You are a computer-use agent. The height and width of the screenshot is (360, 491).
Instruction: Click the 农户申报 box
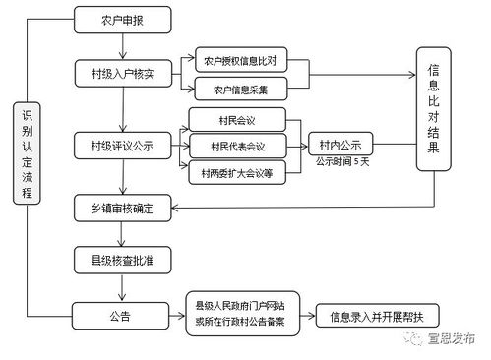tap(122, 19)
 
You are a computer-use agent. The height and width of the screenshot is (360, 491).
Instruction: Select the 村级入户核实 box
tap(122, 73)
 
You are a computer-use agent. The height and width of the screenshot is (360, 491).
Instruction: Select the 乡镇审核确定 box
tap(122, 208)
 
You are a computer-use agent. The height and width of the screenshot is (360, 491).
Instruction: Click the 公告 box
tap(122, 316)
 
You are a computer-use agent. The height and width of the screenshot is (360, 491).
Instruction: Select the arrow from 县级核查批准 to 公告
tap(122, 288)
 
